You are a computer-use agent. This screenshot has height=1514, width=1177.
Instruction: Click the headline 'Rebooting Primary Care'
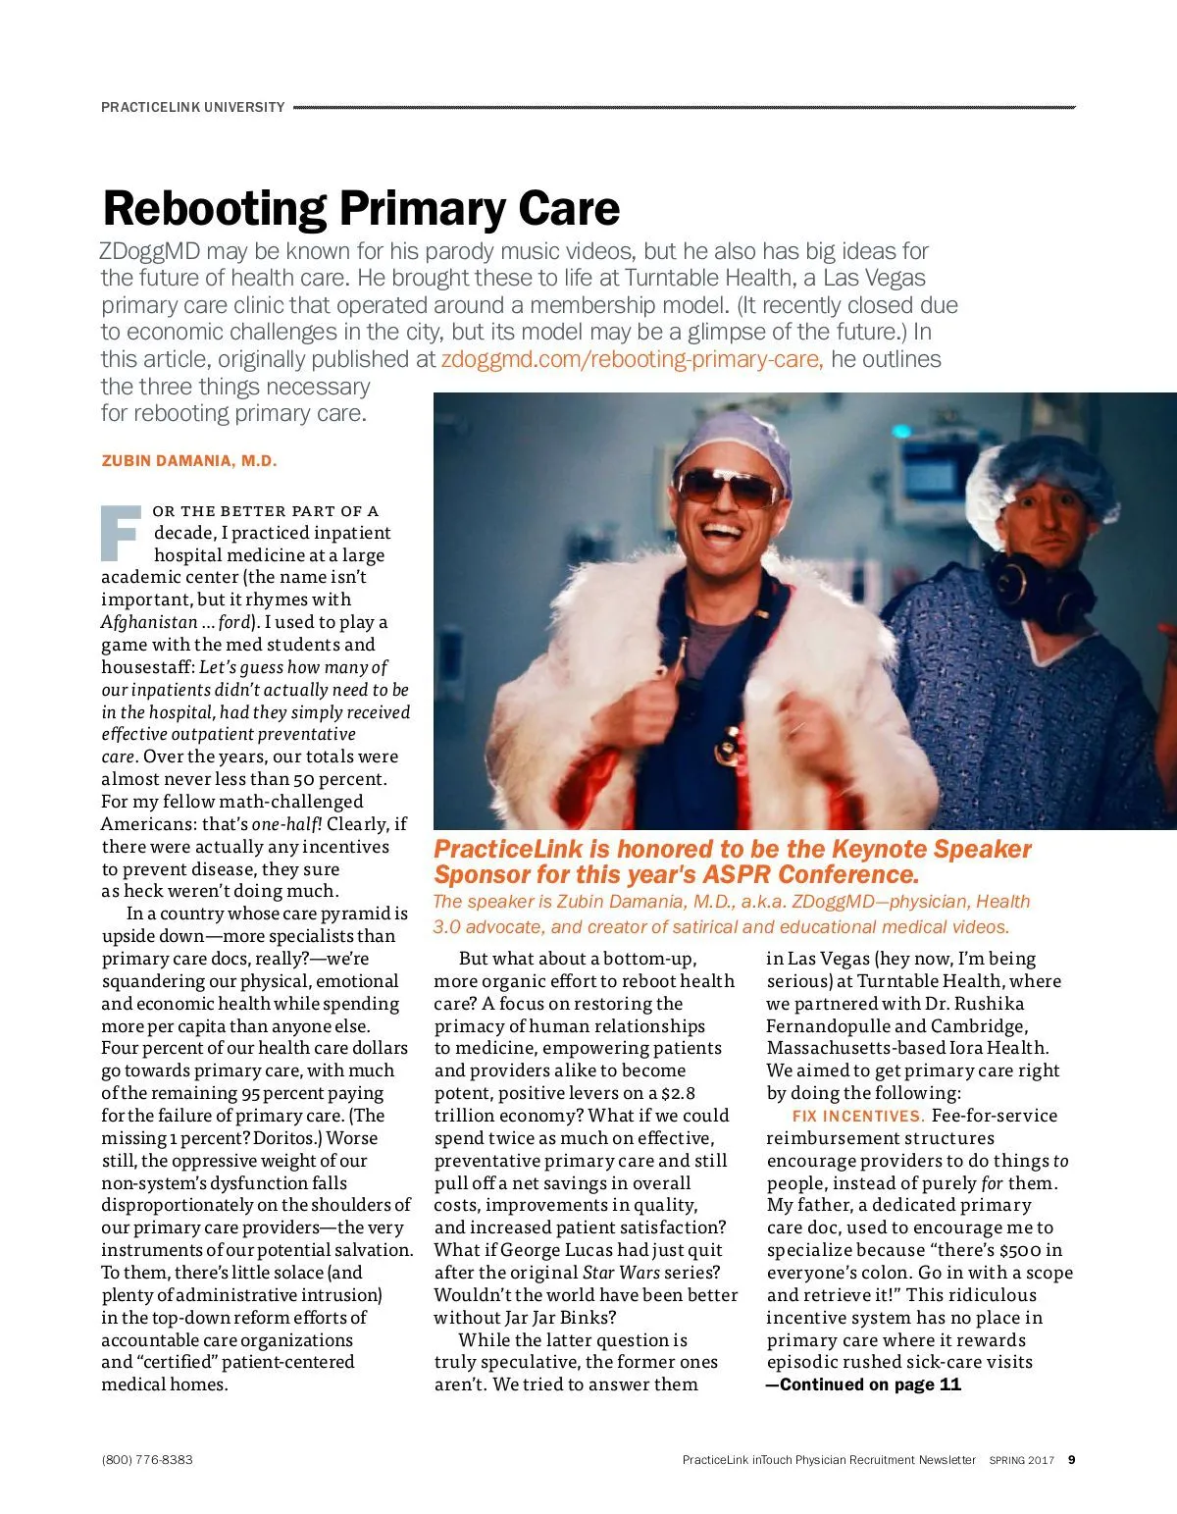pyautogui.click(x=361, y=208)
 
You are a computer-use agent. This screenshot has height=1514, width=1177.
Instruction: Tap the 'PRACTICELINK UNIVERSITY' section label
pyautogui.click(x=193, y=107)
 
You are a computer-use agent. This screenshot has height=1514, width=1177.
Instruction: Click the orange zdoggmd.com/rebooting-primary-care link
pyautogui.click(x=632, y=359)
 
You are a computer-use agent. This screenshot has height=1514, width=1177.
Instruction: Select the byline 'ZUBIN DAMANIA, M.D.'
pyautogui.click(x=189, y=461)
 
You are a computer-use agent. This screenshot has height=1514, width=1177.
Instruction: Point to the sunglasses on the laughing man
pyautogui.click(x=727, y=486)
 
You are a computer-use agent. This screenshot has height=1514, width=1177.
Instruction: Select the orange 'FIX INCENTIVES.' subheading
pyautogui.click(x=858, y=1116)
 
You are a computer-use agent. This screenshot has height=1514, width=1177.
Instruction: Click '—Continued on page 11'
pyautogui.click(x=863, y=1384)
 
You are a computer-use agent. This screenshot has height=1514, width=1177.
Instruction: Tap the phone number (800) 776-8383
pyautogui.click(x=147, y=1460)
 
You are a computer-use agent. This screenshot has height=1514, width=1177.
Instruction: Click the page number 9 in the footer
pyautogui.click(x=1072, y=1460)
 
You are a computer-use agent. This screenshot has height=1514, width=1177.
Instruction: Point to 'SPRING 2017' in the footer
pyautogui.click(x=1021, y=1460)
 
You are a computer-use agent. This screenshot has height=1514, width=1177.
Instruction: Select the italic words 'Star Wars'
pyautogui.click(x=621, y=1273)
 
